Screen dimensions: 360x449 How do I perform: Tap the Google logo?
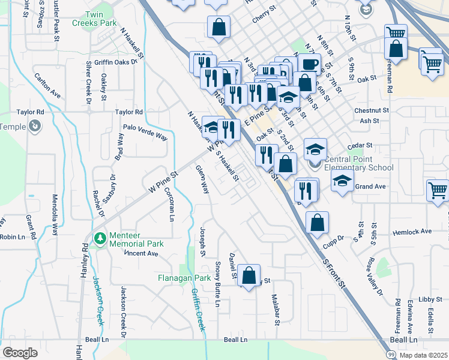pyautogui.click(x=20, y=352)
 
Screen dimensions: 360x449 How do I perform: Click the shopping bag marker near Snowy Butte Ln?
pyautogui.click(x=249, y=275)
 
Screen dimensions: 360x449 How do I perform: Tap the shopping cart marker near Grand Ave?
pyautogui.click(x=438, y=190)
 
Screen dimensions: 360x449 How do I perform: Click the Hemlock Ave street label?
pyautogui.click(x=412, y=231)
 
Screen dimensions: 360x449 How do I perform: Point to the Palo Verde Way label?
pyautogui.click(x=145, y=131)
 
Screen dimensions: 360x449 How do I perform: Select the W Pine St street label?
pyautogui.click(x=164, y=181)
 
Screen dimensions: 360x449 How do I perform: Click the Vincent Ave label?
pyautogui.click(x=141, y=253)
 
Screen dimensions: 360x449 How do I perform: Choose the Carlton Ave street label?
pyautogui.click(x=47, y=86)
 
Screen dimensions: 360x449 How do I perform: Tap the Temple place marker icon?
pyautogui.click(x=35, y=126)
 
